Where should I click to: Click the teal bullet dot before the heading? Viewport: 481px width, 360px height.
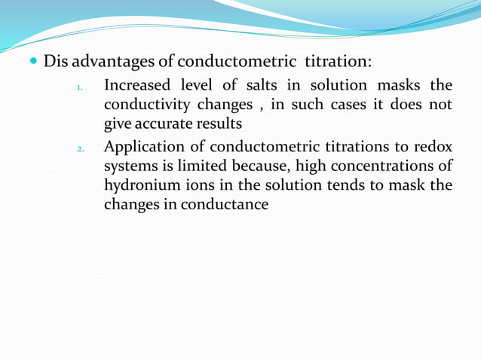pyautogui.click(x=35, y=60)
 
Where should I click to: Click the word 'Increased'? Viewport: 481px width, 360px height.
pyautogui.click(x=139, y=85)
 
